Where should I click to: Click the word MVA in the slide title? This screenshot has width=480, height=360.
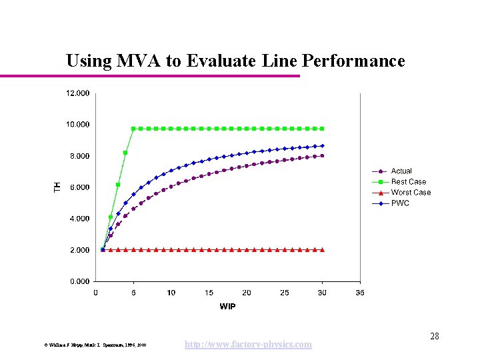coord(138,61)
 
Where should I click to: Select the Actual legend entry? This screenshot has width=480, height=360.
coord(401,171)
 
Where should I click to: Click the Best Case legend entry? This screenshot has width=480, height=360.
coord(408,182)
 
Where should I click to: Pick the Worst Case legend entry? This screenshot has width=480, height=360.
coord(411,193)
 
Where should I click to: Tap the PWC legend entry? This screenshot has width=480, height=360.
coord(400,203)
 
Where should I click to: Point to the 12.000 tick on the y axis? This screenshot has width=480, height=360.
coord(77,93)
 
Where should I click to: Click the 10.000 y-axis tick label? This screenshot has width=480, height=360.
coord(77,125)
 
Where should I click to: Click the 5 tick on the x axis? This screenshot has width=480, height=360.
coord(133,293)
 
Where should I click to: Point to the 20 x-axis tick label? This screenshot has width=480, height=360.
coord(247,293)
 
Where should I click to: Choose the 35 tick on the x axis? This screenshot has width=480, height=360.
coord(360,293)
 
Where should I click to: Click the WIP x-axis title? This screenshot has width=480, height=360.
coord(227,307)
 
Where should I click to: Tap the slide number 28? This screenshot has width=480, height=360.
coord(434,336)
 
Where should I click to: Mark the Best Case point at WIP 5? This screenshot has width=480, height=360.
coord(133,128)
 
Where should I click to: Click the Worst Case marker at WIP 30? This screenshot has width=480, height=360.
coord(323,250)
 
